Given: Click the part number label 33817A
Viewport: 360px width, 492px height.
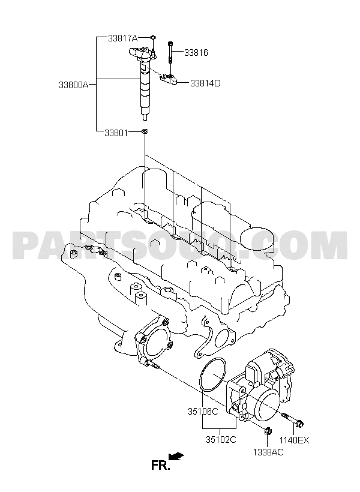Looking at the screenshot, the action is tap(123, 38).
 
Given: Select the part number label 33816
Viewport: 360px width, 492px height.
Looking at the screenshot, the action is tap(196, 52).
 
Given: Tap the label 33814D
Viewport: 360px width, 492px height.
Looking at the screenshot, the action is tap(205, 83).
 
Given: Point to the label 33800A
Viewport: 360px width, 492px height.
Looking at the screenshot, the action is tap(74, 85).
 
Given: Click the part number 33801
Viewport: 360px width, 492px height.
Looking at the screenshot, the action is tap(116, 133).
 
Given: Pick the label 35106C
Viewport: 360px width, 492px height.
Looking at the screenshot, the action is tap(203, 411).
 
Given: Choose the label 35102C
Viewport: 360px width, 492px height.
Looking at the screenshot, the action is tap(221, 440).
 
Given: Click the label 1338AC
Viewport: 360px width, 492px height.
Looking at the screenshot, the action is tap(268, 452).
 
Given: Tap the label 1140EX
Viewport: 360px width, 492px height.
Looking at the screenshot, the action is tap(295, 440).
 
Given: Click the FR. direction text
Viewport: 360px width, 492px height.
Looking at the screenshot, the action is tap(161, 466).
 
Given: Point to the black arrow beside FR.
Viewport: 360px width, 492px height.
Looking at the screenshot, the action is tap(176, 456).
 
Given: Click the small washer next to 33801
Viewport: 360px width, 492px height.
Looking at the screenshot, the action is tap(145, 131).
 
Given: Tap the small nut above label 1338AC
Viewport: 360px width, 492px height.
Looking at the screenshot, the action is tap(268, 431).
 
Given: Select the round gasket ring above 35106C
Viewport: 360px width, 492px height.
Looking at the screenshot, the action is tap(200, 377).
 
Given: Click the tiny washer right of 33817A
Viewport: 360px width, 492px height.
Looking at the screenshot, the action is tap(153, 38).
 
